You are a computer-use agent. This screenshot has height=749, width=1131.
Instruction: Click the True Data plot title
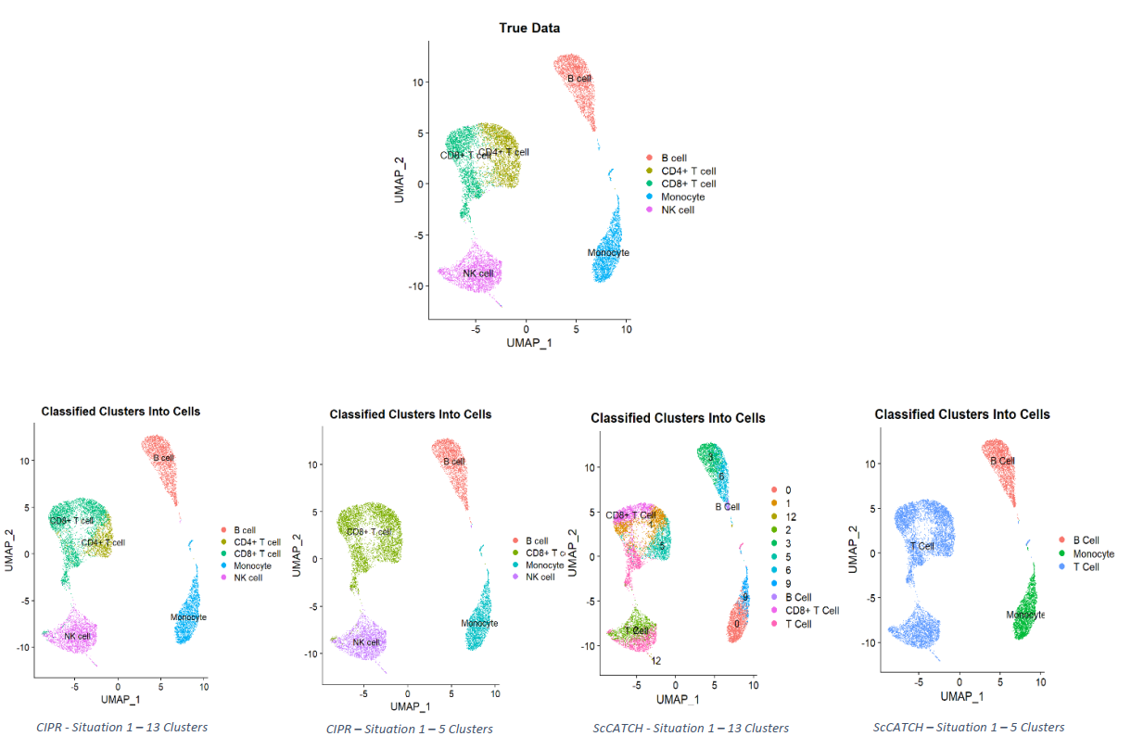pyautogui.click(x=529, y=28)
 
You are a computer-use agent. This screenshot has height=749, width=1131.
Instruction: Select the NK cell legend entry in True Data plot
pyautogui.click(x=677, y=209)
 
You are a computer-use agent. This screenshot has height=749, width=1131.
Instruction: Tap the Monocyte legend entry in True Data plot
pyautogui.click(x=682, y=197)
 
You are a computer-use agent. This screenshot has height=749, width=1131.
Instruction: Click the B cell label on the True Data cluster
pyautogui.click(x=579, y=79)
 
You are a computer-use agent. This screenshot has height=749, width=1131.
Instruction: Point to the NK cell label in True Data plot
pyautogui.click(x=478, y=273)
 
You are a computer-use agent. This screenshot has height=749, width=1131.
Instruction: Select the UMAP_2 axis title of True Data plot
pyautogui.click(x=399, y=179)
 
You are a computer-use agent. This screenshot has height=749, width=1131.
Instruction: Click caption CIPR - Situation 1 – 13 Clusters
pyautogui.click(x=121, y=727)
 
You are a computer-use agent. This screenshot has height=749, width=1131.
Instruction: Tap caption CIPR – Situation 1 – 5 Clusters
pyautogui.click(x=409, y=729)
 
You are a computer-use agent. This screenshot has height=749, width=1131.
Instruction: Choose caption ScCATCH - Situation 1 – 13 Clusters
pyautogui.click(x=691, y=728)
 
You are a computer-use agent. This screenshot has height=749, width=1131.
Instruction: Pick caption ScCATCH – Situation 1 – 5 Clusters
pyautogui.click(x=968, y=727)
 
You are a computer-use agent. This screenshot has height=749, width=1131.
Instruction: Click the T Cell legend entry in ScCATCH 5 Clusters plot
pyautogui.click(x=1086, y=566)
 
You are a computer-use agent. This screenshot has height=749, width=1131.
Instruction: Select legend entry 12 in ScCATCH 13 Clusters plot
pyautogui.click(x=791, y=516)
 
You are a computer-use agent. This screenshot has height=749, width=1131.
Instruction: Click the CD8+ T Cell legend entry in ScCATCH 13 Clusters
pyautogui.click(x=811, y=610)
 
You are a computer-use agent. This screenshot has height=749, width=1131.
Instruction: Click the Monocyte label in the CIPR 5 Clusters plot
pyautogui.click(x=479, y=623)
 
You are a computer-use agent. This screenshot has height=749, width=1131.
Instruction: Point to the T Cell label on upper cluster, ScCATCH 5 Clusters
pyautogui.click(x=921, y=546)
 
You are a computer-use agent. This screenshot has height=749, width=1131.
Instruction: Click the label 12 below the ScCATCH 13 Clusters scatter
pyautogui.click(x=655, y=661)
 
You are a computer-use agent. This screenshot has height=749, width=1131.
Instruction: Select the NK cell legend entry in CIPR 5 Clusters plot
pyautogui.click(x=540, y=577)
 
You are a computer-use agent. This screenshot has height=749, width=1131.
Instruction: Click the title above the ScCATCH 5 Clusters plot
pyautogui.click(x=961, y=414)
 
